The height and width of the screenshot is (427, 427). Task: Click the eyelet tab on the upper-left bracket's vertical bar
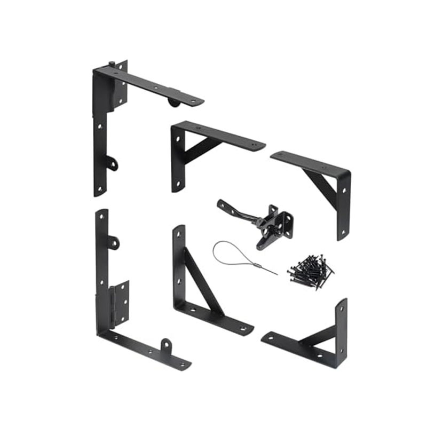pyautogui.click(x=112, y=163)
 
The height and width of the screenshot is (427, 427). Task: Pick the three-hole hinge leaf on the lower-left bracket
pyautogui.click(x=121, y=302)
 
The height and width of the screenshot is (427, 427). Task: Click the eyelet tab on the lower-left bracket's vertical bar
pyautogui.click(x=113, y=243)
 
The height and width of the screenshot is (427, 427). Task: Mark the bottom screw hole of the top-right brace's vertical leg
pyautogui.click(x=341, y=231)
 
